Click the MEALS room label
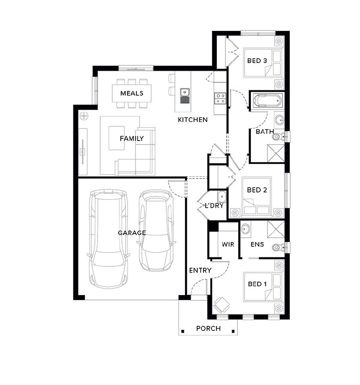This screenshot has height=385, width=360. point(131,93)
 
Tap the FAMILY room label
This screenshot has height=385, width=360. point(131,138)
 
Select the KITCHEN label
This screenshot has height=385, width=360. point(193,120)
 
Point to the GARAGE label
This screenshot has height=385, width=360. point(132,233)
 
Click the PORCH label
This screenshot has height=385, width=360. point(208,329)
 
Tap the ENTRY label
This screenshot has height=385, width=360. point(200,270)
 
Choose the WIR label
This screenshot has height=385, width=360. point(228,244)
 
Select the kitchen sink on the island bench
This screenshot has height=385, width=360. point(185,95)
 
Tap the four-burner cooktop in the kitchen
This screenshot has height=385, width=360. point(220,98)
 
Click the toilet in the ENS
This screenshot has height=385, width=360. point(278,247)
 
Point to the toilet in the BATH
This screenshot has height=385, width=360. point(278,137)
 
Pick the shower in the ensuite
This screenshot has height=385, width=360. point(276,229)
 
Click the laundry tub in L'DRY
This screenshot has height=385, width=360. point(222,197)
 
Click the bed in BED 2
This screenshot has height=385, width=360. point(257,197)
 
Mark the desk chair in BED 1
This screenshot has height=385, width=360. point(221,305)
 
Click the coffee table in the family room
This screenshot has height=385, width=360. point(116,138)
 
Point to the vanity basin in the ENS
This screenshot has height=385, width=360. point(246,229)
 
